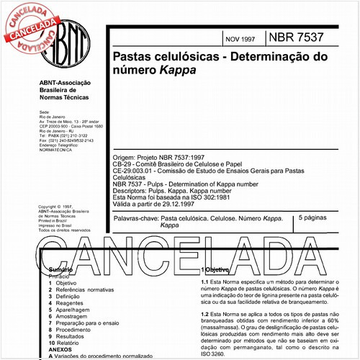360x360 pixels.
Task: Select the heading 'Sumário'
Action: [60, 269]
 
